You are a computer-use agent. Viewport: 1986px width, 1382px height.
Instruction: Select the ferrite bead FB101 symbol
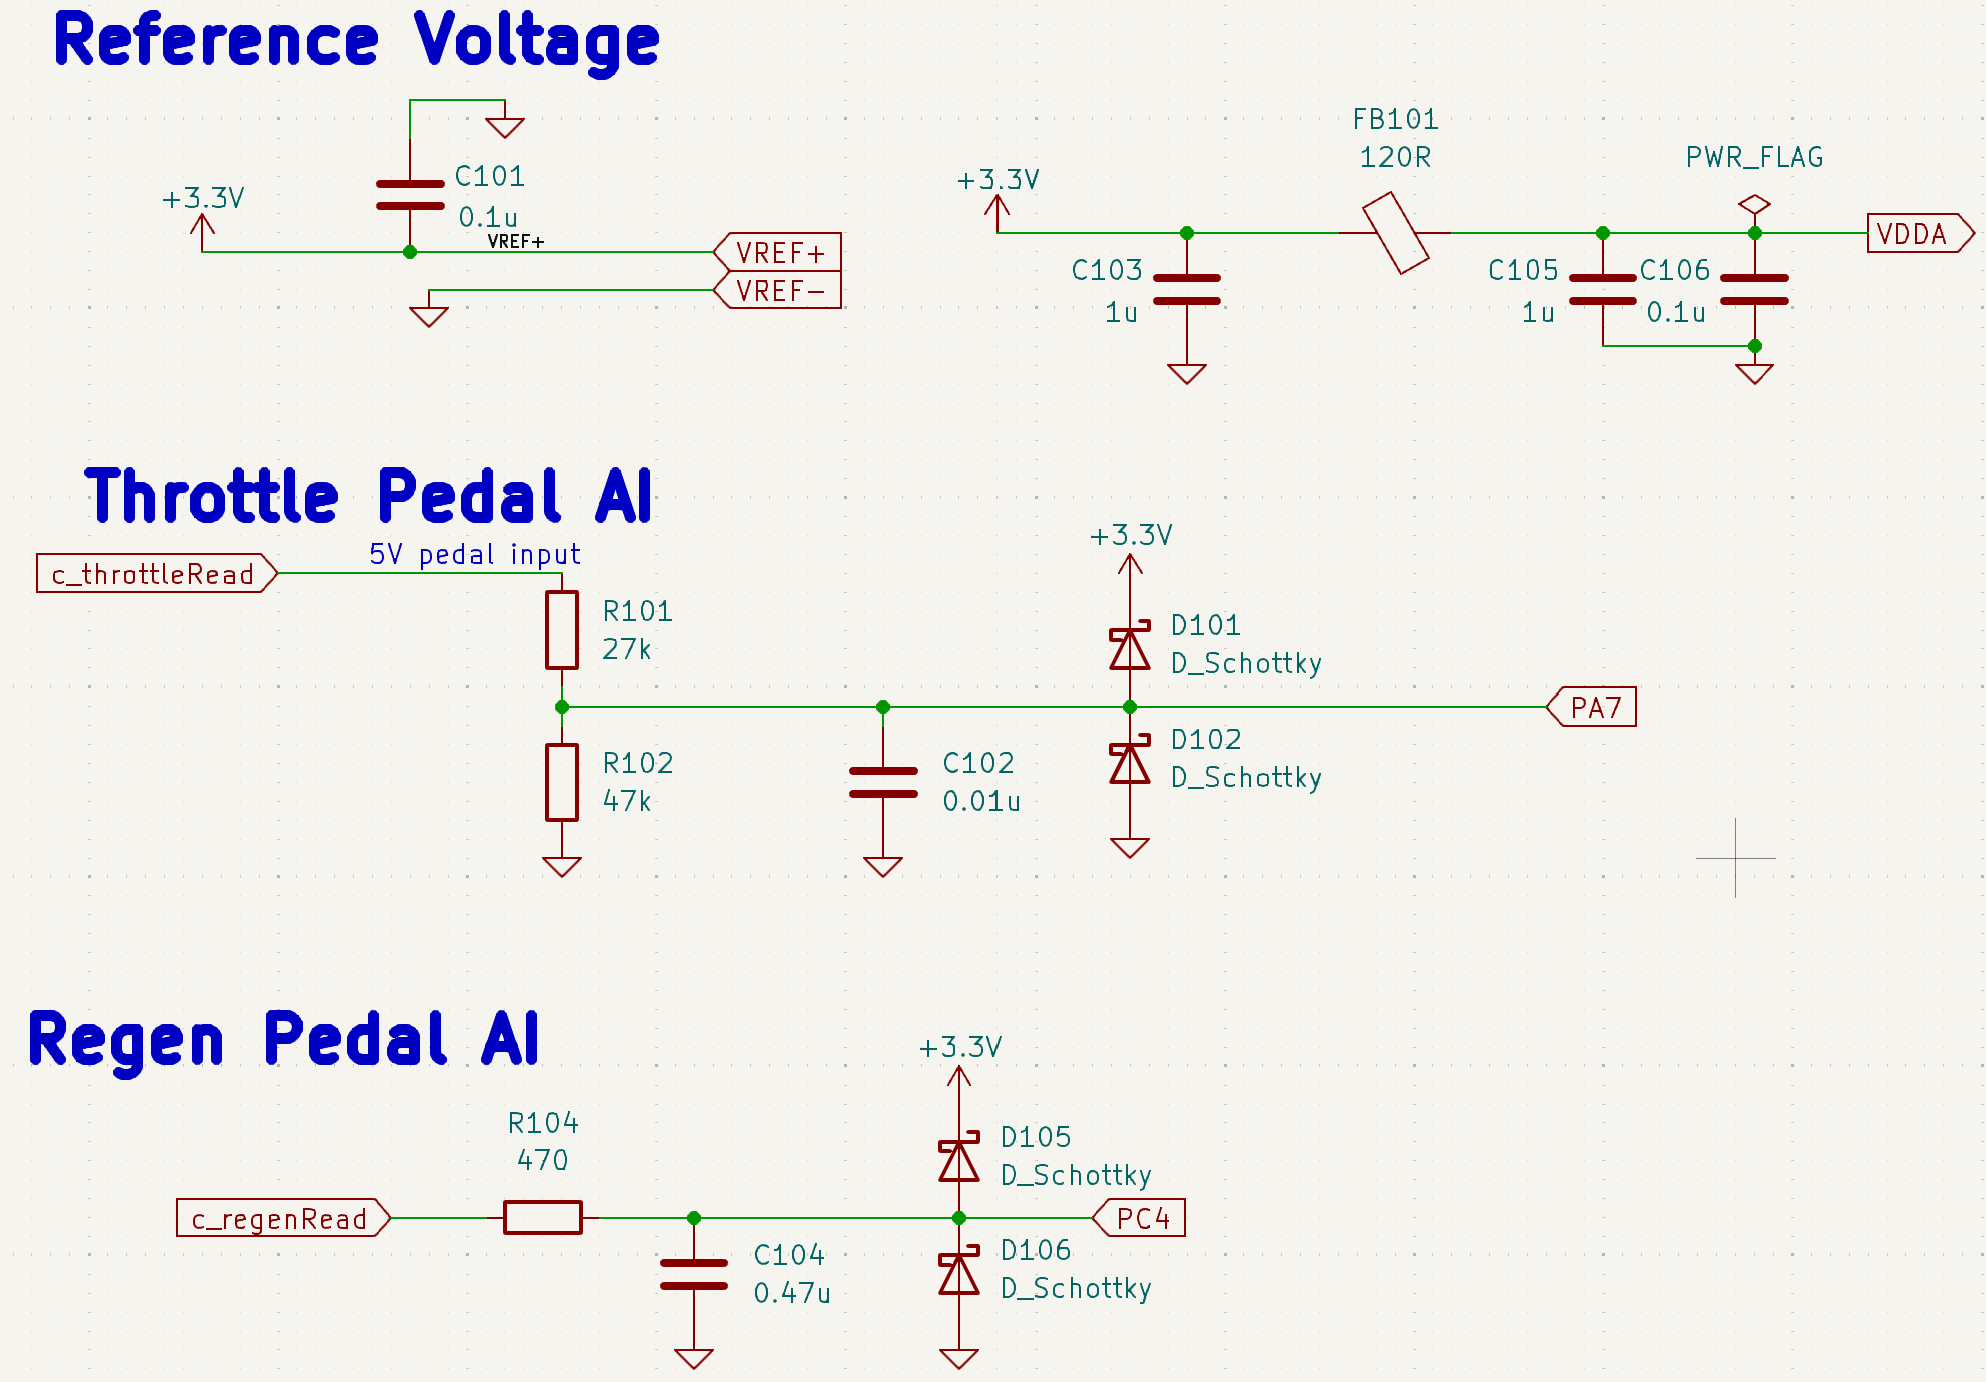(1395, 233)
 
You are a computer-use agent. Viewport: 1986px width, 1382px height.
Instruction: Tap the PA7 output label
(1593, 707)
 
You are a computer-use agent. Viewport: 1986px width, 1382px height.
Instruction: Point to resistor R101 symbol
(562, 630)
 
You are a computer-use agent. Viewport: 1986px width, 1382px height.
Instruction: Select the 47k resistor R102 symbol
(562, 782)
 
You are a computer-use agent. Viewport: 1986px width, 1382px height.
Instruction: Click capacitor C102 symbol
(883, 783)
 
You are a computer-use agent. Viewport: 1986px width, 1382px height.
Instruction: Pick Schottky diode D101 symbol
(1130, 648)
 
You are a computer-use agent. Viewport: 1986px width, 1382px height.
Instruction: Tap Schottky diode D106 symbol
(959, 1274)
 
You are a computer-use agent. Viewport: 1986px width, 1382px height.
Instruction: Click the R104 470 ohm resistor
(542, 1217)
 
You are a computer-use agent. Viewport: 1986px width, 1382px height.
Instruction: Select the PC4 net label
(1141, 1218)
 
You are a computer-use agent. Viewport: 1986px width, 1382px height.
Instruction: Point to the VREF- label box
(779, 291)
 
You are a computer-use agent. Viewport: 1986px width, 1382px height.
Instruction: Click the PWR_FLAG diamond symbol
(1754, 205)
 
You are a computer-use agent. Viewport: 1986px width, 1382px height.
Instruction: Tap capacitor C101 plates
(410, 195)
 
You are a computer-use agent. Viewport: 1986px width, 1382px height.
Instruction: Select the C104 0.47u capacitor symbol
(694, 1274)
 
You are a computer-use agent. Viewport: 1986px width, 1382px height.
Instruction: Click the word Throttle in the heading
(212, 497)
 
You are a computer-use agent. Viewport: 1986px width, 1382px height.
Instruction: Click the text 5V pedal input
(475, 554)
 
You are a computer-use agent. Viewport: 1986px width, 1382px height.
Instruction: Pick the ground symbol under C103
(1187, 373)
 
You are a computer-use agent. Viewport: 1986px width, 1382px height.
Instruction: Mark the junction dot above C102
(883, 707)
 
